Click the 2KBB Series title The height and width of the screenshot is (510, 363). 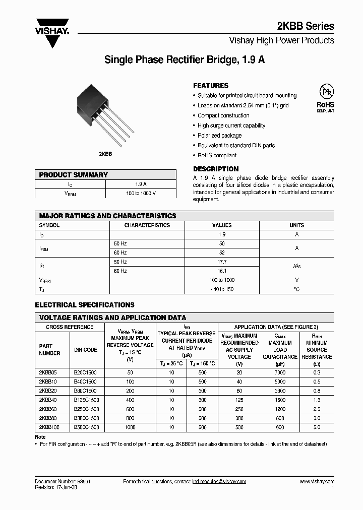pyautogui.click(x=306, y=26)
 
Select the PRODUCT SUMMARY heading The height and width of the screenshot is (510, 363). pyautogui.click(x=74, y=175)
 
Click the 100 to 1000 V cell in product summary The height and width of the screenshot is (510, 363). pyautogui.click(x=141, y=194)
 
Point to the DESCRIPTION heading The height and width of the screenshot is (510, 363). pyautogui.click(x=216, y=169)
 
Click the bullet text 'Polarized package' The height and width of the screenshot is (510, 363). pyautogui.click(x=219, y=136)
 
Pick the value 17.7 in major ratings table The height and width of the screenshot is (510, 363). pyautogui.click(x=222, y=262)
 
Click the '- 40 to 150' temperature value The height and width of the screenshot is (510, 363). pyautogui.click(x=222, y=289)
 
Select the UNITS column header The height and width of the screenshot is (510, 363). pyautogui.click(x=296, y=225)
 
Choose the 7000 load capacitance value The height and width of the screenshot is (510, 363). pyautogui.click(x=280, y=372)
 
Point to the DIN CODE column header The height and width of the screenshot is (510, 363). pyautogui.click(x=86, y=350)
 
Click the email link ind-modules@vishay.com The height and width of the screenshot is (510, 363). pyautogui.click(x=219, y=482)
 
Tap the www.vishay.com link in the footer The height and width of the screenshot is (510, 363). pyautogui.click(x=317, y=482)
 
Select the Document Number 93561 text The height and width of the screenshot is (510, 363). pyautogui.click(x=63, y=482)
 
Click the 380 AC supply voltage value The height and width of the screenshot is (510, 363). pyautogui.click(x=239, y=418)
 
